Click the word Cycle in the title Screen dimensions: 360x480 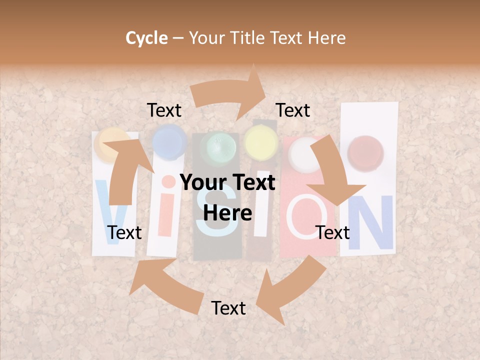146,38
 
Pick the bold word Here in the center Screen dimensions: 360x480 227,213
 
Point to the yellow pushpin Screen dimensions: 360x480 260,143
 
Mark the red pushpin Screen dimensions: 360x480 365,150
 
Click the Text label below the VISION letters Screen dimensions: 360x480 228,308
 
